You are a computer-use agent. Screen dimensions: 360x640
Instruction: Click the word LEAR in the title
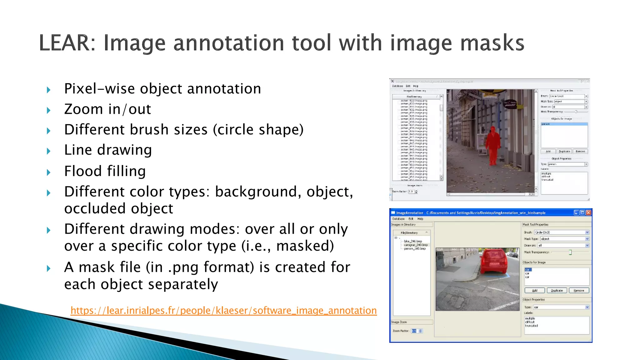tap(64, 43)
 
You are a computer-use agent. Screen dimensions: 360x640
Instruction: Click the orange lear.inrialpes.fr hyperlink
tap(223, 310)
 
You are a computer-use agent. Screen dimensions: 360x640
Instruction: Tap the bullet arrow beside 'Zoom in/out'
tap(48, 110)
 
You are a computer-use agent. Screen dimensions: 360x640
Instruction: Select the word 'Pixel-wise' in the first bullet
tap(95, 89)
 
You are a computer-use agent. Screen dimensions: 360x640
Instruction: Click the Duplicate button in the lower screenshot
tap(557, 291)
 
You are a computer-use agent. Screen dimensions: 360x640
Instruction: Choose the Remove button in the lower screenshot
tap(579, 291)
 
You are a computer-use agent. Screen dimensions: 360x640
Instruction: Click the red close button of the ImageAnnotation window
tap(588, 213)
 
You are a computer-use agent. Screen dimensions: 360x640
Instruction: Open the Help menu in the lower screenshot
tap(420, 219)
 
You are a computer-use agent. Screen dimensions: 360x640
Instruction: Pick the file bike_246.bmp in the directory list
tap(413, 241)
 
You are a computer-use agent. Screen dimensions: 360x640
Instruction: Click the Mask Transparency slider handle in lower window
tap(570, 252)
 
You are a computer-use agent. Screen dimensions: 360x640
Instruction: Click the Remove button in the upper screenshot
tap(580, 152)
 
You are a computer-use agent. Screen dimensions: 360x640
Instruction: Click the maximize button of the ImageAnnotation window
tap(582, 213)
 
